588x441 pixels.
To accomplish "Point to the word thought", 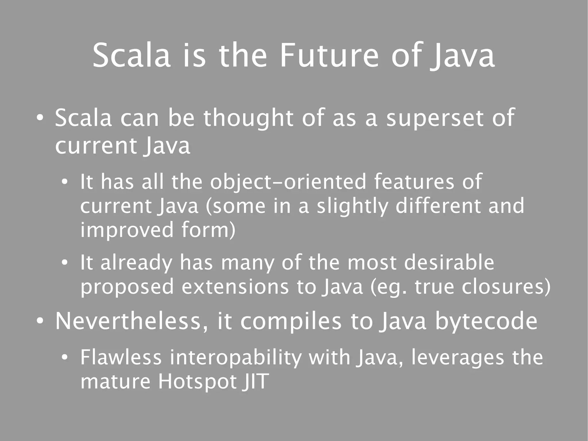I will (x=248, y=118).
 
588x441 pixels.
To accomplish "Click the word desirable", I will (x=449, y=263).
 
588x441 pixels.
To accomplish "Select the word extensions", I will (x=235, y=287).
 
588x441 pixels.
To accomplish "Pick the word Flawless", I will (x=121, y=357).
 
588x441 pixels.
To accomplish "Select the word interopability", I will (x=235, y=358).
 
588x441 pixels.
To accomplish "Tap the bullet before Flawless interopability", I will (x=65, y=358).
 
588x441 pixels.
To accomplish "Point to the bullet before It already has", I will (x=65, y=263).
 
